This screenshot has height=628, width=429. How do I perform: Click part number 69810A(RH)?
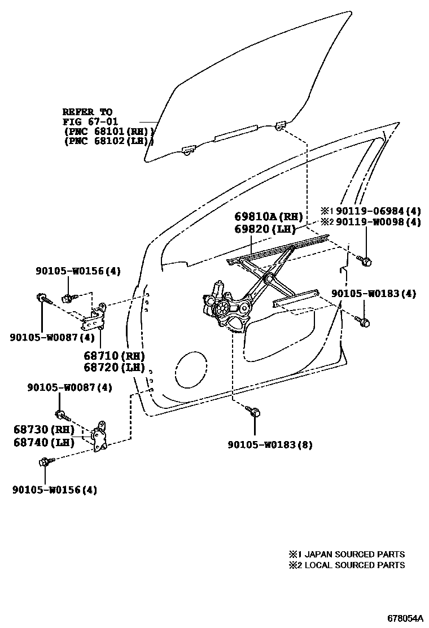pos(269,217)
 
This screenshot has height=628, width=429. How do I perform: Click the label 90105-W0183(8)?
pos(270,444)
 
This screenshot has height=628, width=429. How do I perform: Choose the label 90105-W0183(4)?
pos(374,293)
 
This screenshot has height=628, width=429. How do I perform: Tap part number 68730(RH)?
pos(44,430)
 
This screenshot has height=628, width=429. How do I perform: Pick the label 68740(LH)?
pos(44,442)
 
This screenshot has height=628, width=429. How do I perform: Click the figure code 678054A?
pos(405,618)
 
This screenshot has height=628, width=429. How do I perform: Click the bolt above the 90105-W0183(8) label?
pos(254,412)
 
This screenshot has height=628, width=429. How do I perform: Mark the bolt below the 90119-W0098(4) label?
pos(365,260)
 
